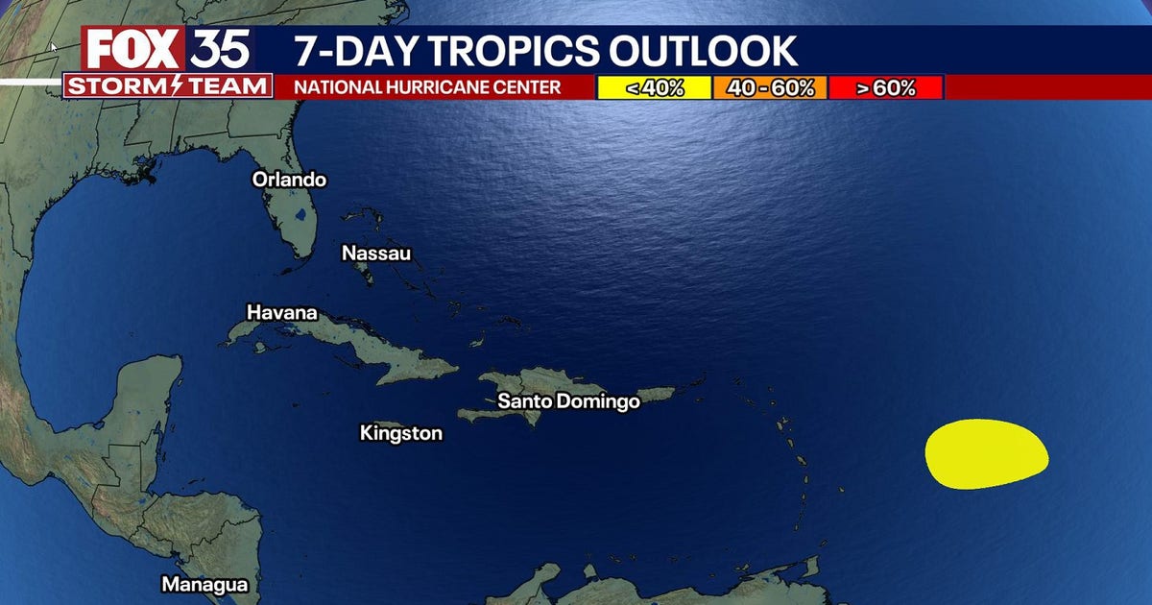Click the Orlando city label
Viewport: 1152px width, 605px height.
[x=289, y=180]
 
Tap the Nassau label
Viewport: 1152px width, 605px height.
[x=376, y=254]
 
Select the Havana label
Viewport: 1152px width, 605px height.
[x=281, y=312]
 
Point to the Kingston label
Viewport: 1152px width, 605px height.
[x=400, y=433]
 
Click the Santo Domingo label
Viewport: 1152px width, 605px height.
[x=568, y=401]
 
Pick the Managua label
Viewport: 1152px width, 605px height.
[x=204, y=584]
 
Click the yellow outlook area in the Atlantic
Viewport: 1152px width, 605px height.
[x=986, y=453]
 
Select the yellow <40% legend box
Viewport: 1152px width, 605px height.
[x=654, y=88]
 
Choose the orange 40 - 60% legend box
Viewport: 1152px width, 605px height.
[x=769, y=88]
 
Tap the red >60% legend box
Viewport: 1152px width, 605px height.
[x=885, y=88]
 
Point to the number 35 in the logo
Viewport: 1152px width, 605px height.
[x=221, y=48]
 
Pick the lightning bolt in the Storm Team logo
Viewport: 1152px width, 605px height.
[x=170, y=85]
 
